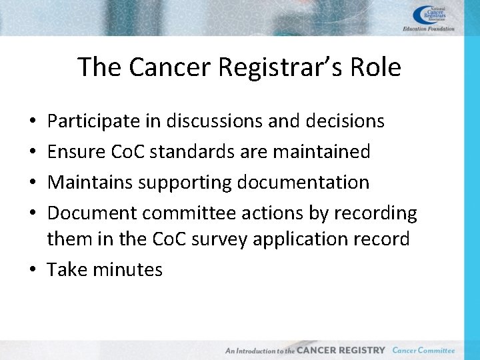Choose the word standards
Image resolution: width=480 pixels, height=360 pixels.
(x=197, y=152)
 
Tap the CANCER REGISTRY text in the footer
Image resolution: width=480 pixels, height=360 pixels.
(x=341, y=350)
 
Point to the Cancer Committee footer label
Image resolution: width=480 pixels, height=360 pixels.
(x=423, y=350)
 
